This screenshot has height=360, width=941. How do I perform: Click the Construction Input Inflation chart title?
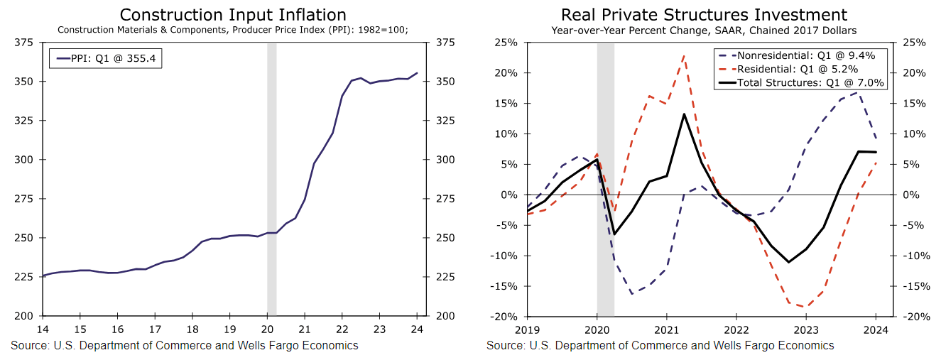(233, 15)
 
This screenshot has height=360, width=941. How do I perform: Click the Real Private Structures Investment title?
(704, 15)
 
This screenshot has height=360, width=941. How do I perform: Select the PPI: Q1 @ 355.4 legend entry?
(106, 58)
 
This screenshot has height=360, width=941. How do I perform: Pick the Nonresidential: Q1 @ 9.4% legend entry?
(800, 55)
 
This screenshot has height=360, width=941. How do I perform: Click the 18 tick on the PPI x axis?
(192, 329)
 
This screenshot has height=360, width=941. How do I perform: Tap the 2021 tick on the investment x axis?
(666, 329)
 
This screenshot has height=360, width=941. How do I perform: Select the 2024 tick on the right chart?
(876, 329)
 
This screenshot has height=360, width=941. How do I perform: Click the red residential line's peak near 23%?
(684, 55)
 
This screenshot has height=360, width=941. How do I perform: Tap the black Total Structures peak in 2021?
(684, 114)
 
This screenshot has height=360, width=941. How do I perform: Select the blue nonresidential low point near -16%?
(631, 293)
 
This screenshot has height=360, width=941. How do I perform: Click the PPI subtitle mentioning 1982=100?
(233, 30)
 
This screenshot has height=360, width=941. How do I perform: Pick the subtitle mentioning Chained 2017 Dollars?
(704, 30)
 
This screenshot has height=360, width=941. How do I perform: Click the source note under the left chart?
(185, 346)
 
